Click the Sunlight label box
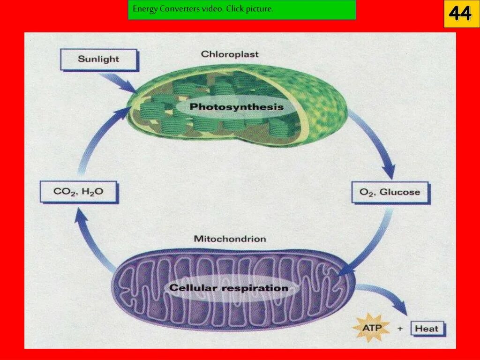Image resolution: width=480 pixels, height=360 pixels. (99, 60)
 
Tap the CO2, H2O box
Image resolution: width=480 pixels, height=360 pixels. (78, 192)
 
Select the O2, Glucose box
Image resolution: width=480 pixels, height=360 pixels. (390, 192)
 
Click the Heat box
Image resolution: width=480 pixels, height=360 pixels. (427, 329)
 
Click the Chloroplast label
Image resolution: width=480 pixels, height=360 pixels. (230, 54)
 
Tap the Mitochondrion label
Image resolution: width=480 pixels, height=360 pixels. (230, 239)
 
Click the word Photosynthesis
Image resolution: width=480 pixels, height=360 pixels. (237, 107)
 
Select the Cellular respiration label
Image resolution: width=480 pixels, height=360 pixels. (229, 288)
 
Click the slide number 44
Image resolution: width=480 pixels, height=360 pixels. (461, 14)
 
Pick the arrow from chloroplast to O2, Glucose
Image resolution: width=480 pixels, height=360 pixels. (375, 145)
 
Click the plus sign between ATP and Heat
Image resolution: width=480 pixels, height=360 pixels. (400, 329)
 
